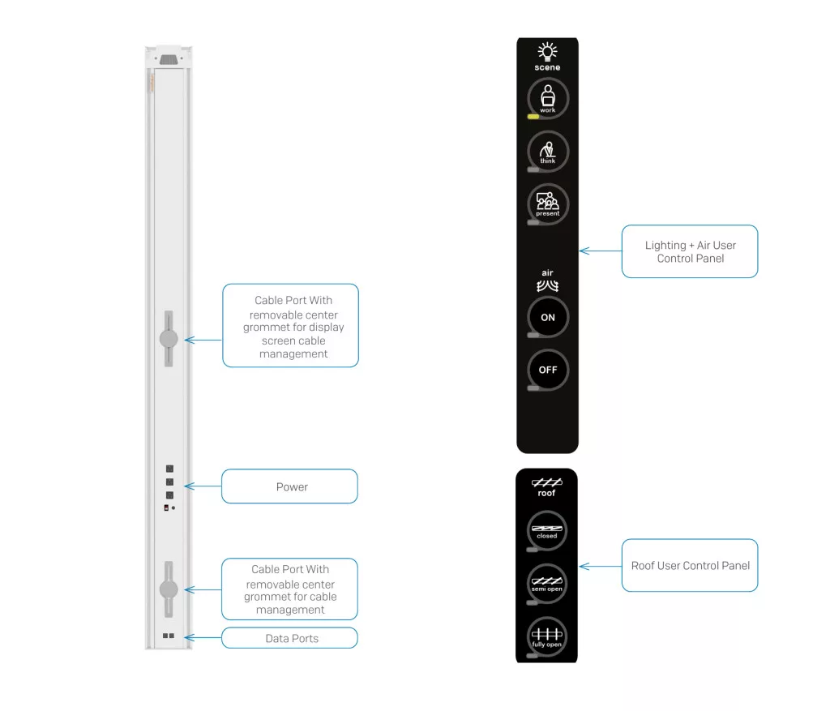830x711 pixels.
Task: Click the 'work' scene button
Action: tap(548, 99)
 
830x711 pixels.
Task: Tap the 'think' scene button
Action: tap(548, 152)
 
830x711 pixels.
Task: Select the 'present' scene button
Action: tap(548, 203)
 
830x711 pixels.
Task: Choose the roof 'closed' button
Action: tap(547, 531)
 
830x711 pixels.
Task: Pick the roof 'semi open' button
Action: tap(547, 584)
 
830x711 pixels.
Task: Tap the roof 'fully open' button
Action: tap(547, 636)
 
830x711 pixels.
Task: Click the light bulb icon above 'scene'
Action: tap(548, 52)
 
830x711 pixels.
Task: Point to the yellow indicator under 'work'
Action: tap(533, 117)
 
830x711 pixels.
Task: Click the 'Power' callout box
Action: tap(289, 486)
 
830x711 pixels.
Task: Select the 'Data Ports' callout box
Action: tap(289, 638)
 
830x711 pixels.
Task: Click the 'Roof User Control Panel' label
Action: tap(690, 565)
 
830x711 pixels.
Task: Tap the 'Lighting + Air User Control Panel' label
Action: tap(690, 251)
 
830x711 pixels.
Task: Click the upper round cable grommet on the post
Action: tap(169, 339)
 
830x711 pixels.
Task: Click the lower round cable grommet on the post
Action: tap(169, 589)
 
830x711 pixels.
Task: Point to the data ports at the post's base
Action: tap(169, 636)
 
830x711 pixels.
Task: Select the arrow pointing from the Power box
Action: tap(203, 486)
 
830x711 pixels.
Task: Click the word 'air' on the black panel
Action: tap(548, 273)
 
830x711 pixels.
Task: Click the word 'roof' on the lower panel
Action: tap(547, 493)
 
